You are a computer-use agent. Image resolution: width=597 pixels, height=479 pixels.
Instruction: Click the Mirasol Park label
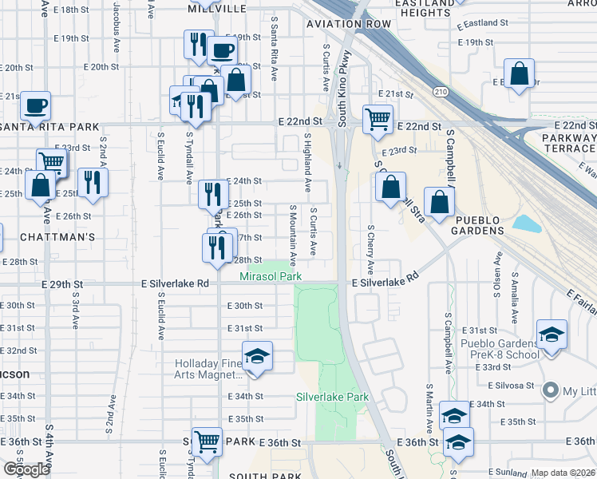[x=271, y=276]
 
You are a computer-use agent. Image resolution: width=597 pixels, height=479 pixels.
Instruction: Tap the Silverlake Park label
[x=332, y=397]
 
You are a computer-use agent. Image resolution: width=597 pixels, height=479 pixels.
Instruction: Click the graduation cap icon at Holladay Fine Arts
[x=257, y=357]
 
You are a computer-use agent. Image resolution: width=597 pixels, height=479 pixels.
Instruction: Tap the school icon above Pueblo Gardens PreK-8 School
[x=552, y=335]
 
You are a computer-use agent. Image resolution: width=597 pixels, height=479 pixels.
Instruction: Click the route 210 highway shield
[x=441, y=93]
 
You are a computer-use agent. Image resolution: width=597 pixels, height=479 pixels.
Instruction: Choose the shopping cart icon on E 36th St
[x=207, y=440]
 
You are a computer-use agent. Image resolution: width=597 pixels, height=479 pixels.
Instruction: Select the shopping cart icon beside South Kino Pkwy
[x=377, y=119]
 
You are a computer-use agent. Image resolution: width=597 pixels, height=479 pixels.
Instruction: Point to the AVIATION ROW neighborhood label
[x=349, y=25]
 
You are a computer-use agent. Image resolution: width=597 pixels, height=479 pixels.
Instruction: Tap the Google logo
[x=26, y=469]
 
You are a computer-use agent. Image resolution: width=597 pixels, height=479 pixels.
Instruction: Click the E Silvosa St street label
[x=511, y=385]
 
